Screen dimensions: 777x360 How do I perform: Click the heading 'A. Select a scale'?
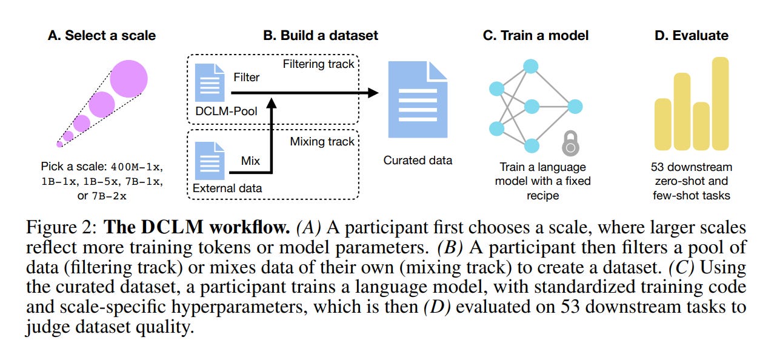pos(102,35)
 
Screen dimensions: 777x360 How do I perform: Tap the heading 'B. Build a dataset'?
pos(321,35)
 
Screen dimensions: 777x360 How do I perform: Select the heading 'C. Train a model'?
pos(536,35)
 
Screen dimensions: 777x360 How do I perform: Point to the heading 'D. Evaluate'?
pos(692,35)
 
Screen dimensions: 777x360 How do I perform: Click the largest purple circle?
pos(128,79)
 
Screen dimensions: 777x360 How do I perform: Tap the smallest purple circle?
pos(59,144)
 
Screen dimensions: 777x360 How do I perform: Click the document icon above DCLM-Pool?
pos(210,82)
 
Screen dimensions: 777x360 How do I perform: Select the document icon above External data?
pos(210,161)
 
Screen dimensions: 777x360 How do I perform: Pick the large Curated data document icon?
pos(418,99)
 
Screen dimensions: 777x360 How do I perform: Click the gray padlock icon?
pos(570,143)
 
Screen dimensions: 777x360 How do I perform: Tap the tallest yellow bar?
pos(721,104)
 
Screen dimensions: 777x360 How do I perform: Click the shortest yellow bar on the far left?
pos(663,124)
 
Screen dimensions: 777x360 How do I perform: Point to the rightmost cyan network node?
pos(575,107)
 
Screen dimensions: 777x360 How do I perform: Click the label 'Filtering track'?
pos(318,64)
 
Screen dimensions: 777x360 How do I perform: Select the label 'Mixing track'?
pos(322,141)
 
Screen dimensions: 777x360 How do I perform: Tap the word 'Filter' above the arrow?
pos(246,77)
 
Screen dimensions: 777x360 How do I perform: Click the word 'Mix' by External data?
pos(250,161)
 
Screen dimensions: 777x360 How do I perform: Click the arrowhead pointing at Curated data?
pos(373,93)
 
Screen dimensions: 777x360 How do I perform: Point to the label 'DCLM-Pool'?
pos(226,111)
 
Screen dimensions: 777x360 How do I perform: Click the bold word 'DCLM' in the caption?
pos(172,227)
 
